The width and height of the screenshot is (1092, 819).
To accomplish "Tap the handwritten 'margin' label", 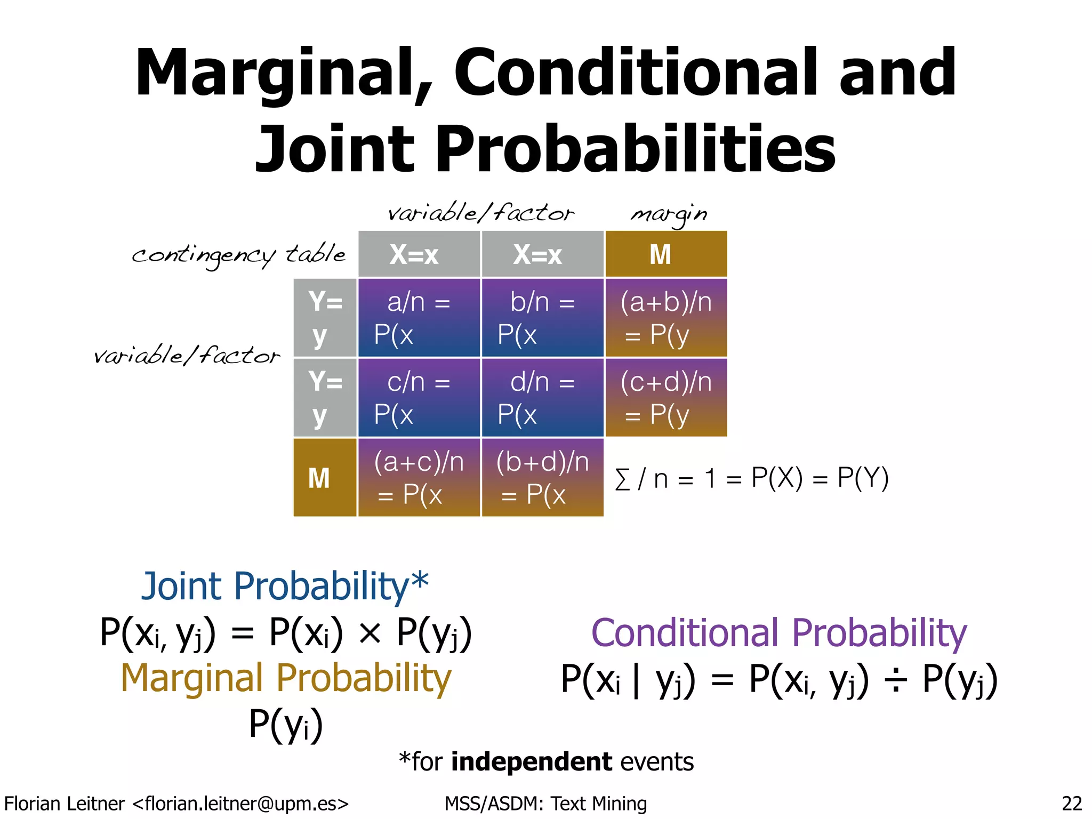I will click(x=669, y=214).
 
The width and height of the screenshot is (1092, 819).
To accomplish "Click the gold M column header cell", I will click(x=666, y=254).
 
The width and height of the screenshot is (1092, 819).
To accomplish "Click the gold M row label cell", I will click(x=325, y=477).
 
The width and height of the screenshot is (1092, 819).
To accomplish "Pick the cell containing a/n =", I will click(x=419, y=318).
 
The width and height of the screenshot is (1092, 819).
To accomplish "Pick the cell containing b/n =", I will click(x=542, y=318).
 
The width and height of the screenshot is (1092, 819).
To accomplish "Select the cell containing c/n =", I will click(x=419, y=398).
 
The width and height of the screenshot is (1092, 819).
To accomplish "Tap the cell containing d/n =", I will click(x=542, y=398).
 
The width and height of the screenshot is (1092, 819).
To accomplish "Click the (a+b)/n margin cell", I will click(x=666, y=318).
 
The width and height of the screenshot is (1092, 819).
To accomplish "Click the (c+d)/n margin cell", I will click(x=666, y=398).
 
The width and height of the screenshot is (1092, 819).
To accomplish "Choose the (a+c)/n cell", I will click(x=419, y=477).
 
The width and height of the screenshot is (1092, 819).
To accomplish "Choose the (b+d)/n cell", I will click(x=542, y=477).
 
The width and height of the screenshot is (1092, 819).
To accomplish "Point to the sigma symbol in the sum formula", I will click(x=622, y=479).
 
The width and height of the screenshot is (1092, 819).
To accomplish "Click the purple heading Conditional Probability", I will click(x=778, y=633).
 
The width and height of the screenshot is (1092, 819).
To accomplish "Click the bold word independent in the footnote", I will click(x=531, y=761).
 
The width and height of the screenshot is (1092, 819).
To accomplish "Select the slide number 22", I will click(x=1072, y=803).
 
